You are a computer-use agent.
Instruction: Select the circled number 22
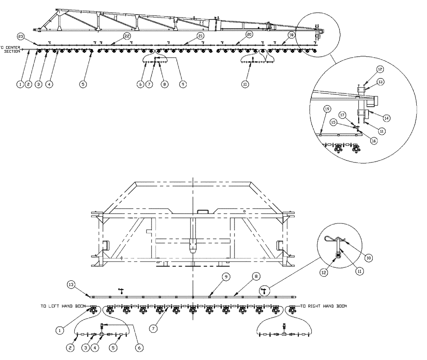(x=127, y=37)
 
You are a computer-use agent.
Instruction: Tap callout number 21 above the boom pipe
(x=201, y=37)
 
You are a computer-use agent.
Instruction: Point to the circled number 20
(x=249, y=34)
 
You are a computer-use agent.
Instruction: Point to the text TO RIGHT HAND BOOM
(x=325, y=306)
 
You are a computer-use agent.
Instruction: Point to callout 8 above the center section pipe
(x=255, y=276)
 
